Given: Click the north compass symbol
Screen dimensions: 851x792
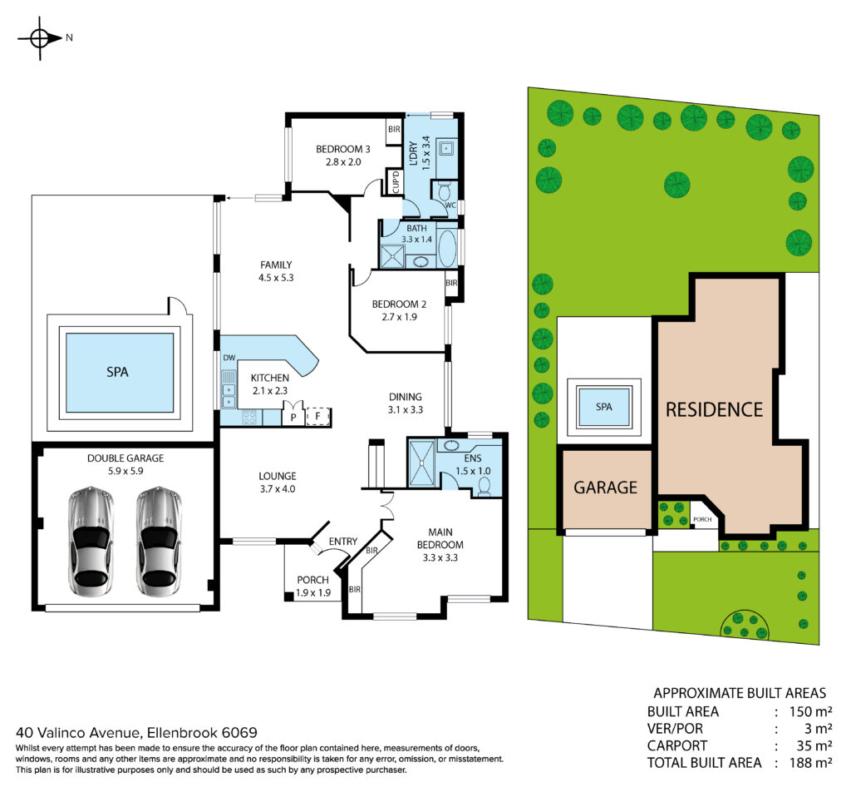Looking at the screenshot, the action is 40,38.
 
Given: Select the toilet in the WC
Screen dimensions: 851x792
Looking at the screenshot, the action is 444,191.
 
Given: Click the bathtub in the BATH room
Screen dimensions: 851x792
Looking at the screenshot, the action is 447,248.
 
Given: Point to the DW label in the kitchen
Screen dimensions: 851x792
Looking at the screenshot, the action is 229,358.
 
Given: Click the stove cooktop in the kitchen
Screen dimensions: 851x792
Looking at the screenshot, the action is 249,417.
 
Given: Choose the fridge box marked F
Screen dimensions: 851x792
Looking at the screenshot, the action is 318,417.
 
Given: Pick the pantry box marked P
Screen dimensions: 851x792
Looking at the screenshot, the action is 293,416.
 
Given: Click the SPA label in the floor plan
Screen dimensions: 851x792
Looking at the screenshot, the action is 117,372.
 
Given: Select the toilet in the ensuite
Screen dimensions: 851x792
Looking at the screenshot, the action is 485,486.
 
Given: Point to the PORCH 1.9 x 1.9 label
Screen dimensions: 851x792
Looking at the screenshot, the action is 313,587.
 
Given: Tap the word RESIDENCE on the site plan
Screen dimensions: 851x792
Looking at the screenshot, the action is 714,409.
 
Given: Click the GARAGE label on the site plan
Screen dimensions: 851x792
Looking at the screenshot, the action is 605,488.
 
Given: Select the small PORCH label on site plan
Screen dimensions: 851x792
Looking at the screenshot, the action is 702,519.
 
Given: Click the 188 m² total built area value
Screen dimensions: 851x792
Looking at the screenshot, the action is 811,762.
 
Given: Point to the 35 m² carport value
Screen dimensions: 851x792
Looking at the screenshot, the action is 814,745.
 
